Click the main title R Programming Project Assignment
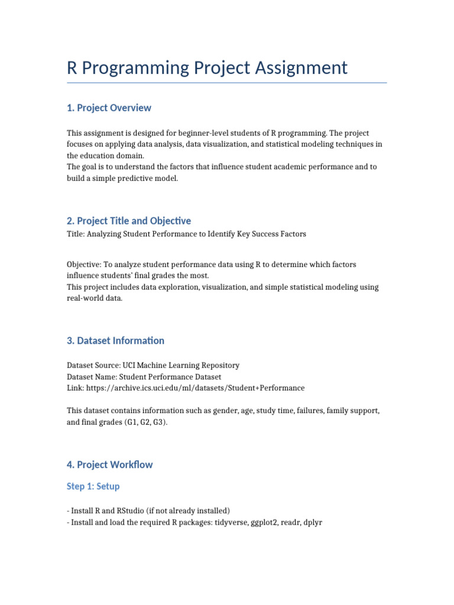pos(207,67)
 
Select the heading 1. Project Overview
pos(109,108)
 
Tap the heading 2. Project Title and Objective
pos(129,220)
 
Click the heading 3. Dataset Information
pos(115,340)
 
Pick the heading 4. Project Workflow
pos(109,464)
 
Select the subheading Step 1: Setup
pos(93,486)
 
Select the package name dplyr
pos(312,523)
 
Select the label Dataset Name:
pos(91,376)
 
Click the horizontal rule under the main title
pos(226,83)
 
